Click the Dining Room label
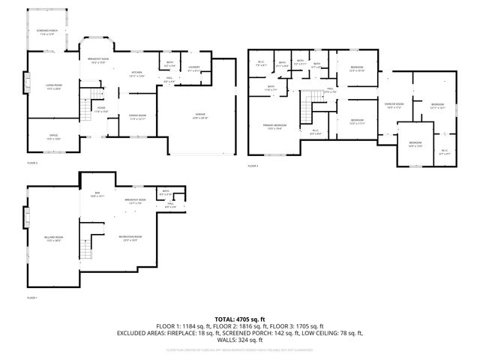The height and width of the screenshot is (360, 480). pyautogui.click(x=137, y=117)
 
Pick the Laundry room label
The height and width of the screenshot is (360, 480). pyautogui.click(x=193, y=70)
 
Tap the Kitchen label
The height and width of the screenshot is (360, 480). pyautogui.click(x=136, y=73)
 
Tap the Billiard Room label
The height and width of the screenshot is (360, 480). pyautogui.click(x=53, y=238)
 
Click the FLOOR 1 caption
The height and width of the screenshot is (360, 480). pyautogui.click(x=32, y=298)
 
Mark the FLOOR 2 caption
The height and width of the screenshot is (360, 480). pyautogui.click(x=32, y=163)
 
